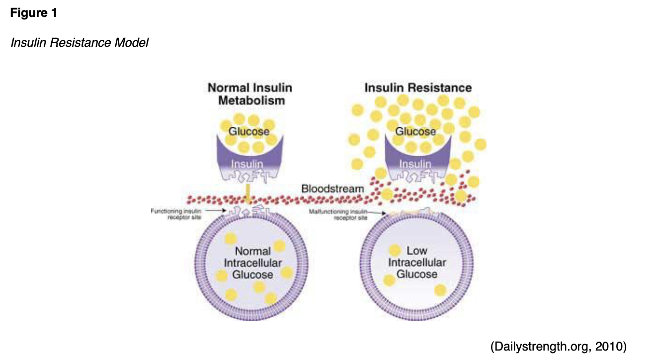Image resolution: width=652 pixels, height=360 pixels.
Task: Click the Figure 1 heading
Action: [33, 13]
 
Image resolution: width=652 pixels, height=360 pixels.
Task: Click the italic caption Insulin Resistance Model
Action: [80, 43]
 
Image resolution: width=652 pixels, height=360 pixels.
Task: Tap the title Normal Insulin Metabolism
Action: [249, 94]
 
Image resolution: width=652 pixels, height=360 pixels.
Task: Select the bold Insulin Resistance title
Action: [418, 88]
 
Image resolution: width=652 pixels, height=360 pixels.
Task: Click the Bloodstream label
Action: [332, 189]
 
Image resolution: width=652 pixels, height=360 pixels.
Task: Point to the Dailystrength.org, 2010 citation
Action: [558, 346]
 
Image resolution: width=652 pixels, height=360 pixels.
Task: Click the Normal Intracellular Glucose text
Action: [253, 263]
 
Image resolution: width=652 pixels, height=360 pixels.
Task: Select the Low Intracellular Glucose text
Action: [417, 263]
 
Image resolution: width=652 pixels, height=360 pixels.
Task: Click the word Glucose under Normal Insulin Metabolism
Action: [248, 132]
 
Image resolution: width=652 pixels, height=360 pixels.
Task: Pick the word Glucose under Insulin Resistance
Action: [415, 132]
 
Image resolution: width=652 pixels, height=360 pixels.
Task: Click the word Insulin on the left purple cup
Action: [247, 165]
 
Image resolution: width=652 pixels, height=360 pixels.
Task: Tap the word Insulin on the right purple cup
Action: [415, 165]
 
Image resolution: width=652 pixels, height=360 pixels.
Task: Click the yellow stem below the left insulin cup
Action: [247, 191]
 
